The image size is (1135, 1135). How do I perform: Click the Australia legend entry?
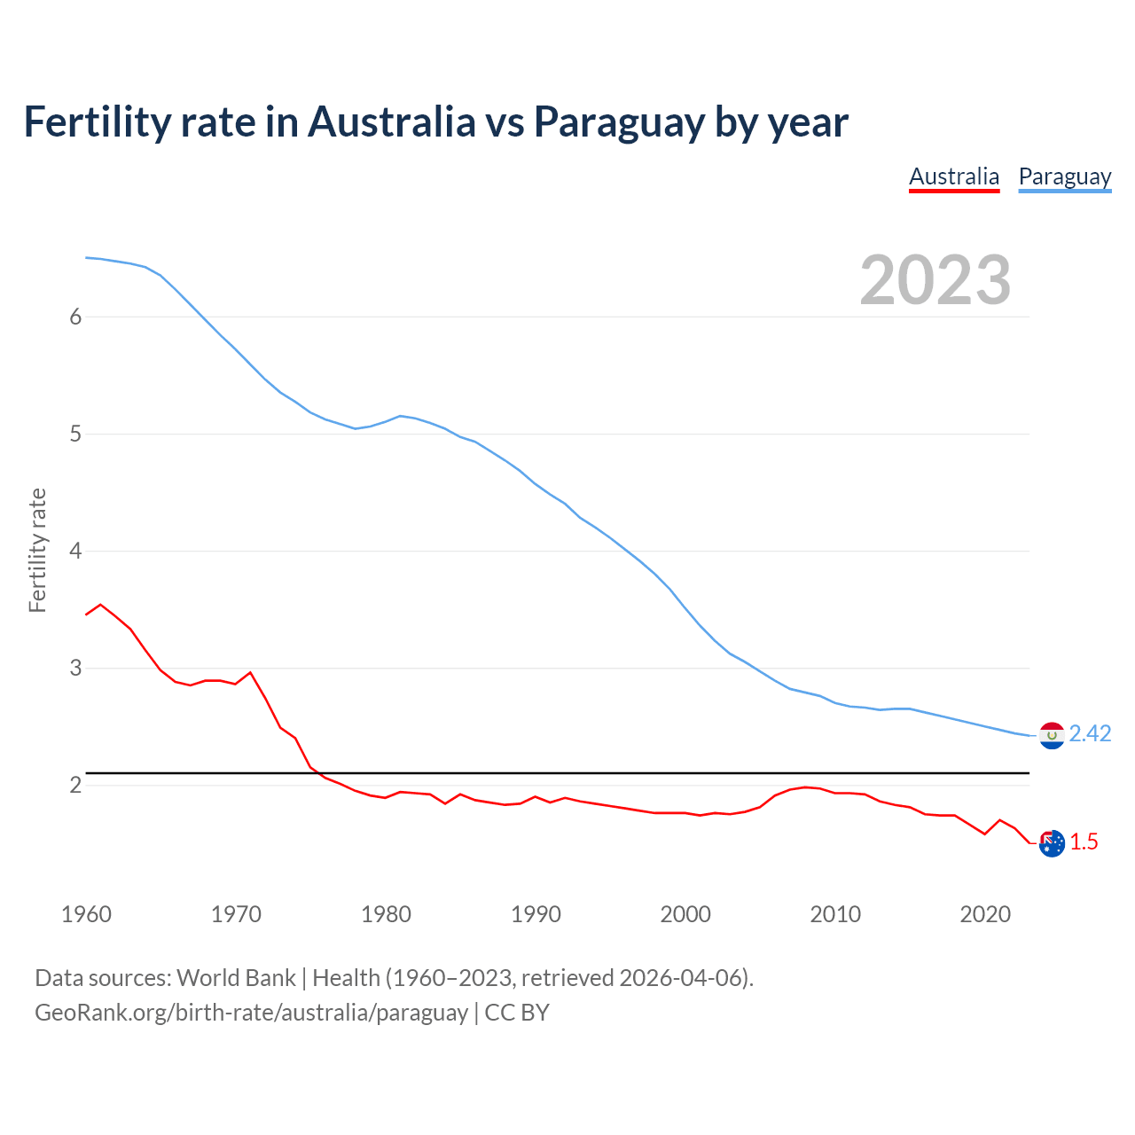[954, 177]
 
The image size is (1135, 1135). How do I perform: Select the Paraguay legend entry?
[1064, 177]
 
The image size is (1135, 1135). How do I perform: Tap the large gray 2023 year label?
[935, 280]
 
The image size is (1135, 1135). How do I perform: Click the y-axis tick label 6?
[75, 317]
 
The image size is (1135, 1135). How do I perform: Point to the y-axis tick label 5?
[75, 434]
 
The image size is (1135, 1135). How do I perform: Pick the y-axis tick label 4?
[75, 552]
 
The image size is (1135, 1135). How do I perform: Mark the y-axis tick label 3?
[75, 669]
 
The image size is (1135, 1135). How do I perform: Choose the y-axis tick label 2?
[75, 786]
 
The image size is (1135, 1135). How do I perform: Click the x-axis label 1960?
[86, 914]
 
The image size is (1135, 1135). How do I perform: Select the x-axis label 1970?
[236, 914]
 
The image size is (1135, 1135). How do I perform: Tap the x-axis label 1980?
[386, 914]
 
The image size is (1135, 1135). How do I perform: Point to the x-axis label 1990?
[536, 914]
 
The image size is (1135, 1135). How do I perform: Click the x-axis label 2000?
[685, 914]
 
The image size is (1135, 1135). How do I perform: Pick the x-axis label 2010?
[835, 914]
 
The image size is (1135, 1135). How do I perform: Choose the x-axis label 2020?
[985, 914]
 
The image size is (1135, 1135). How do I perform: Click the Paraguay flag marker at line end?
[1052, 735]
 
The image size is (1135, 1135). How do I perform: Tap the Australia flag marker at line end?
[1052, 843]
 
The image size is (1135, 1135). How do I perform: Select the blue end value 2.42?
[1090, 734]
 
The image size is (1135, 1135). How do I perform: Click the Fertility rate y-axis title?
[37, 550]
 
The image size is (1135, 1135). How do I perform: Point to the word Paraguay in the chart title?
[619, 121]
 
